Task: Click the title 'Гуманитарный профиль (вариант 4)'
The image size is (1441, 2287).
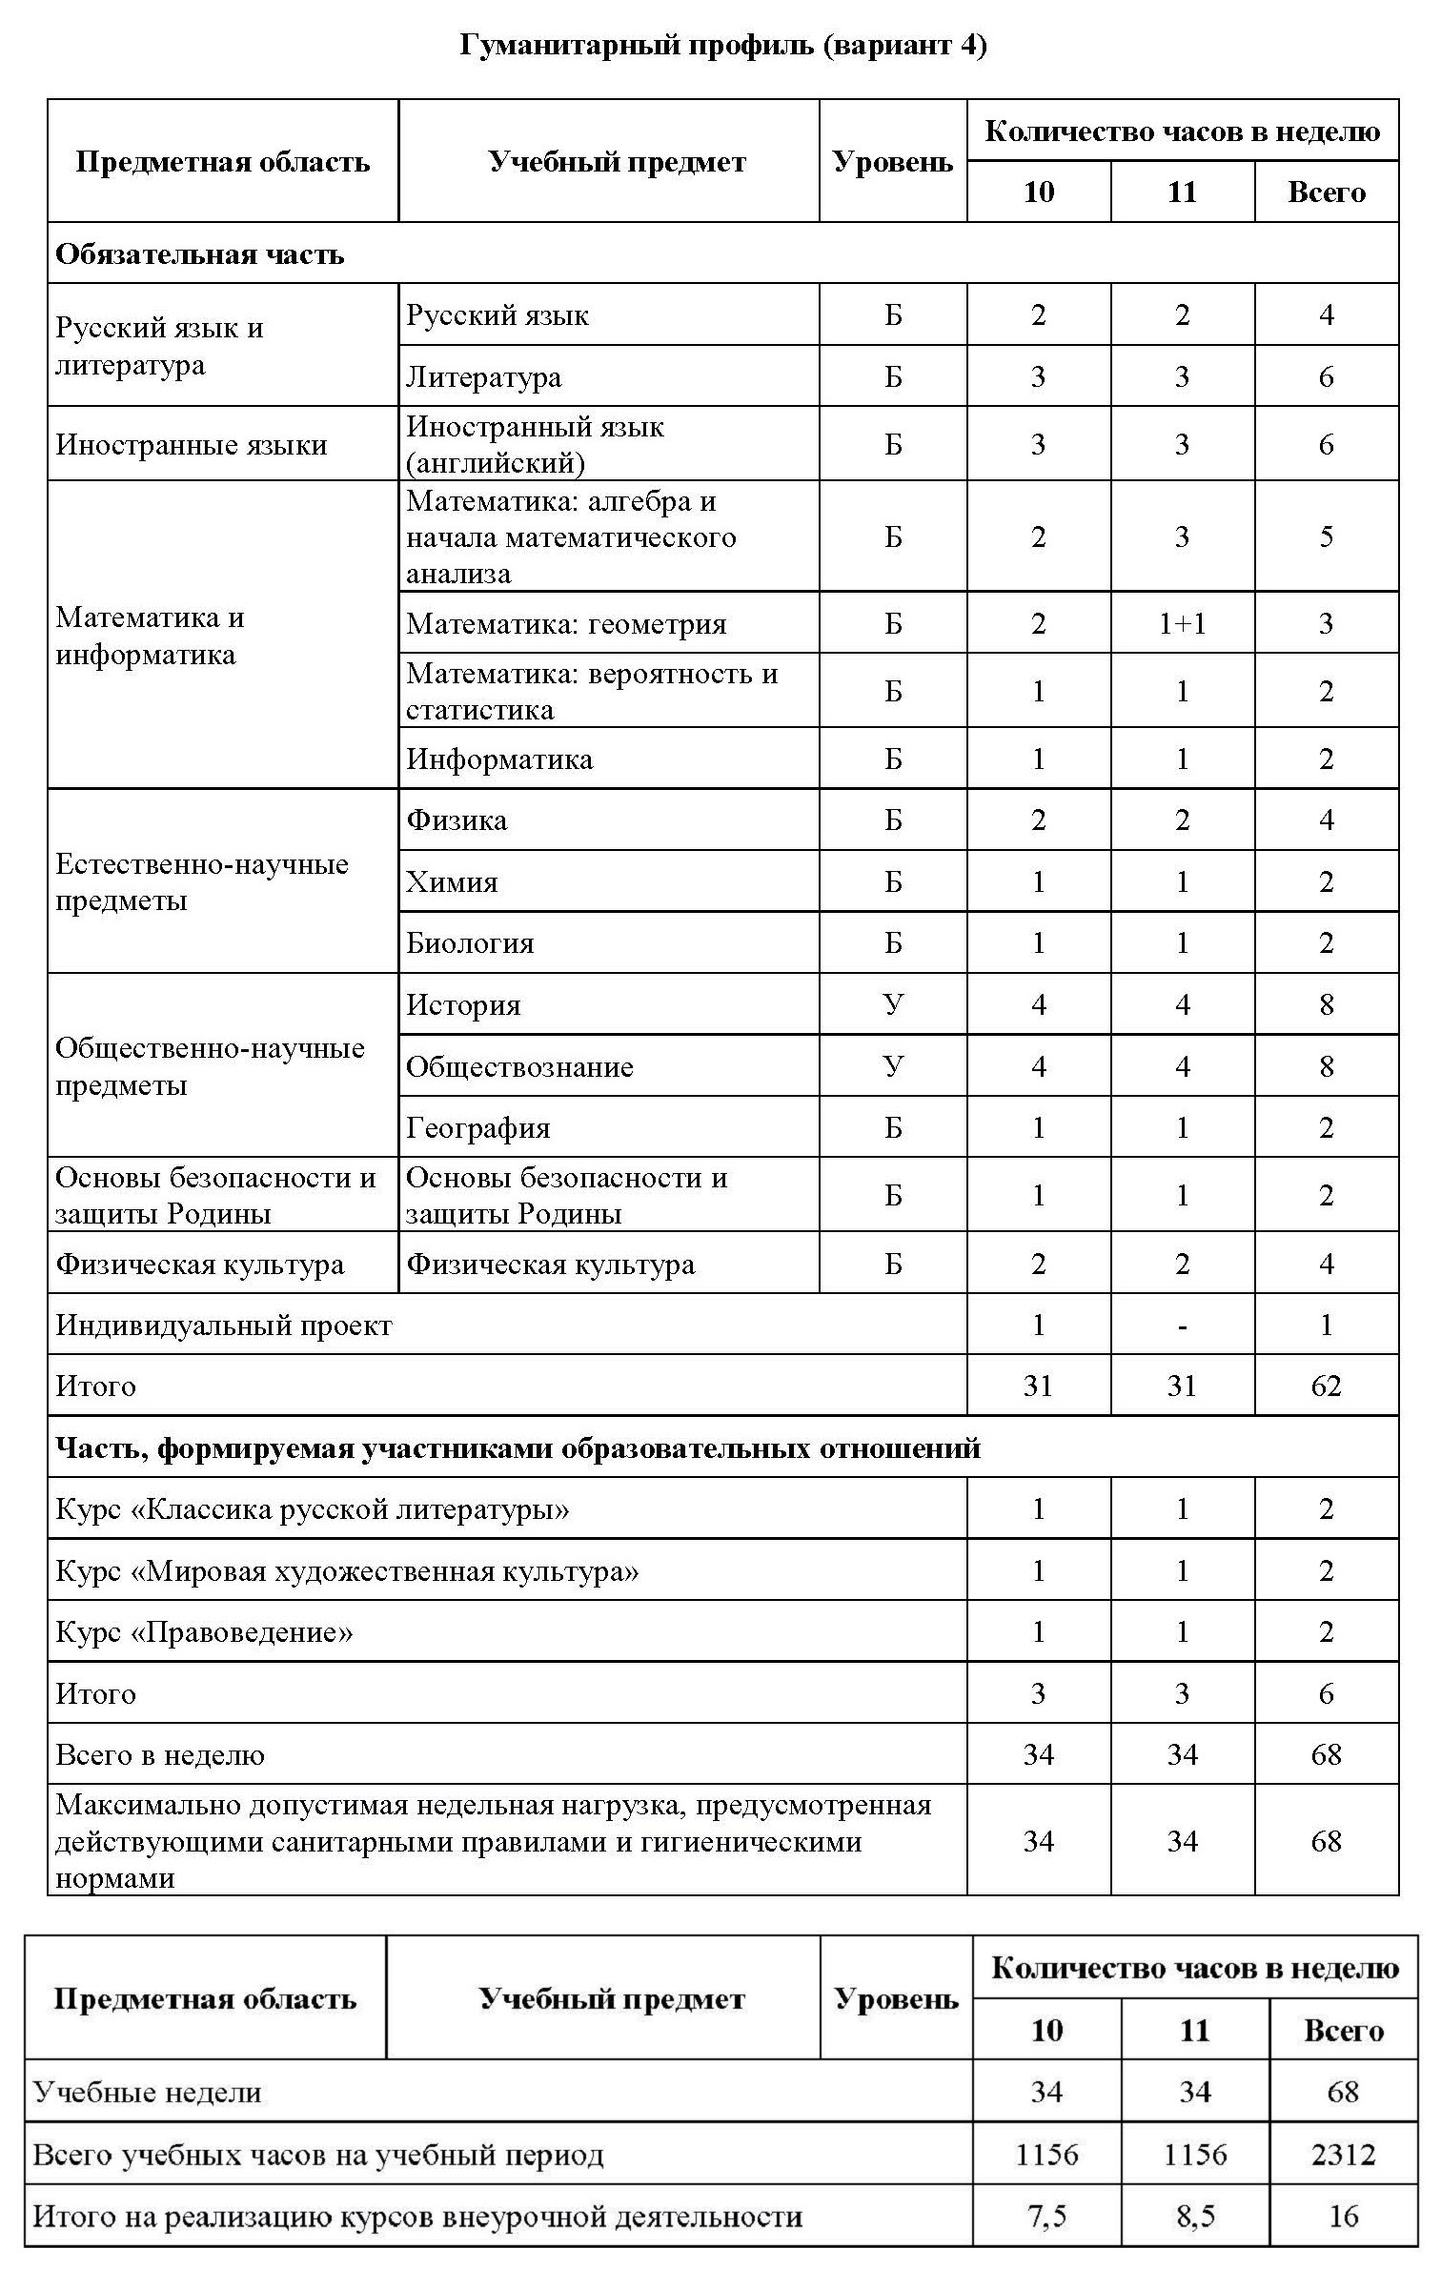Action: [x=722, y=46]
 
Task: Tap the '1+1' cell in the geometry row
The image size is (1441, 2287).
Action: [x=1182, y=624]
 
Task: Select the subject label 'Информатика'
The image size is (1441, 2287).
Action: [x=499, y=759]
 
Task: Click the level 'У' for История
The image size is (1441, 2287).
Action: [x=893, y=1004]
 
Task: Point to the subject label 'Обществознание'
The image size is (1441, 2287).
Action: [x=519, y=1066]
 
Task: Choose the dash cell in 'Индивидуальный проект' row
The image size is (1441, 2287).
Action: [x=1182, y=1326]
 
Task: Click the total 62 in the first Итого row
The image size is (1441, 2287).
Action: [x=1326, y=1386]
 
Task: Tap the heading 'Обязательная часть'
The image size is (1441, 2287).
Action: [x=200, y=254]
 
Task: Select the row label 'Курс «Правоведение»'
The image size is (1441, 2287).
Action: [x=204, y=1632]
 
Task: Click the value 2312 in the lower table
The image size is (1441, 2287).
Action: [x=1343, y=2155]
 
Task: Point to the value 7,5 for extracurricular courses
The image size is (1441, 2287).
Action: [x=1046, y=2216]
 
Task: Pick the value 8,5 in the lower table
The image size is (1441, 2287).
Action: [x=1195, y=2216]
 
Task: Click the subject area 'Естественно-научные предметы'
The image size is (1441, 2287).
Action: [x=202, y=882]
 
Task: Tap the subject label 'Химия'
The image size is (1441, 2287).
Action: [x=452, y=881]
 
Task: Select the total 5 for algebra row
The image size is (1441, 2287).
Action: [x=1326, y=536]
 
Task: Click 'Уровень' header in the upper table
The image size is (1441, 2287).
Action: [x=893, y=162]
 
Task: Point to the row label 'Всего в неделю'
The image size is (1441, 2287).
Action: [x=160, y=1754]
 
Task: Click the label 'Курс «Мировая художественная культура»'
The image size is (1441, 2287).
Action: [x=347, y=1571]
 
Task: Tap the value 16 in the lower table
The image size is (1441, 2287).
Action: [x=1343, y=2216]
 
